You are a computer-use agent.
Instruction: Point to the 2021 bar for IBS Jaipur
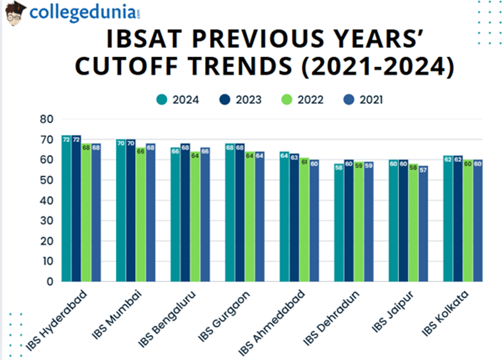(423, 223)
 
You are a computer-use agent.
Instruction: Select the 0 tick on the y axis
(50, 282)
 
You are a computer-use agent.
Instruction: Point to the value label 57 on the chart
(423, 170)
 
